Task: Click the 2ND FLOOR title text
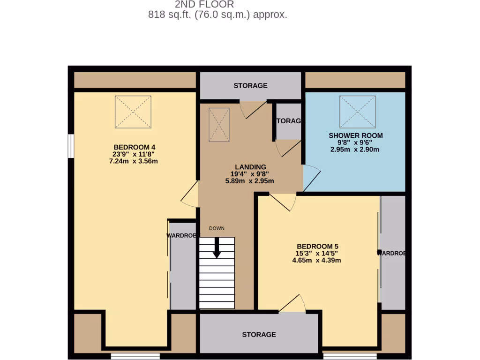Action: click(x=204, y=5)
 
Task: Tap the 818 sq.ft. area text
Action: click(x=217, y=15)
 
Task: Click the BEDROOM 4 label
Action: click(x=134, y=147)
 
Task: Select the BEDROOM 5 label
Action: click(x=317, y=246)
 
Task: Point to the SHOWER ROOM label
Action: click(x=355, y=135)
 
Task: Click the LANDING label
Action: click(x=250, y=167)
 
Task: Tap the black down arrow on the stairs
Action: click(x=217, y=248)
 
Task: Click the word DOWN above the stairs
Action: click(x=217, y=228)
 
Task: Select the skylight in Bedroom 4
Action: click(x=133, y=112)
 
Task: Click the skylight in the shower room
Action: click(x=358, y=112)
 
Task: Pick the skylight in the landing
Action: click(x=219, y=124)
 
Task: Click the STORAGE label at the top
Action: click(x=250, y=85)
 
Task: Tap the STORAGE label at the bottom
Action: click(x=259, y=334)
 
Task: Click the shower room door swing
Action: click(x=311, y=178)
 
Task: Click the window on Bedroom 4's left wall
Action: click(x=70, y=146)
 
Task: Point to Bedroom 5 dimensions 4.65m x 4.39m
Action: click(x=317, y=260)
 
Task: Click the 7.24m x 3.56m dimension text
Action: click(x=134, y=161)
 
